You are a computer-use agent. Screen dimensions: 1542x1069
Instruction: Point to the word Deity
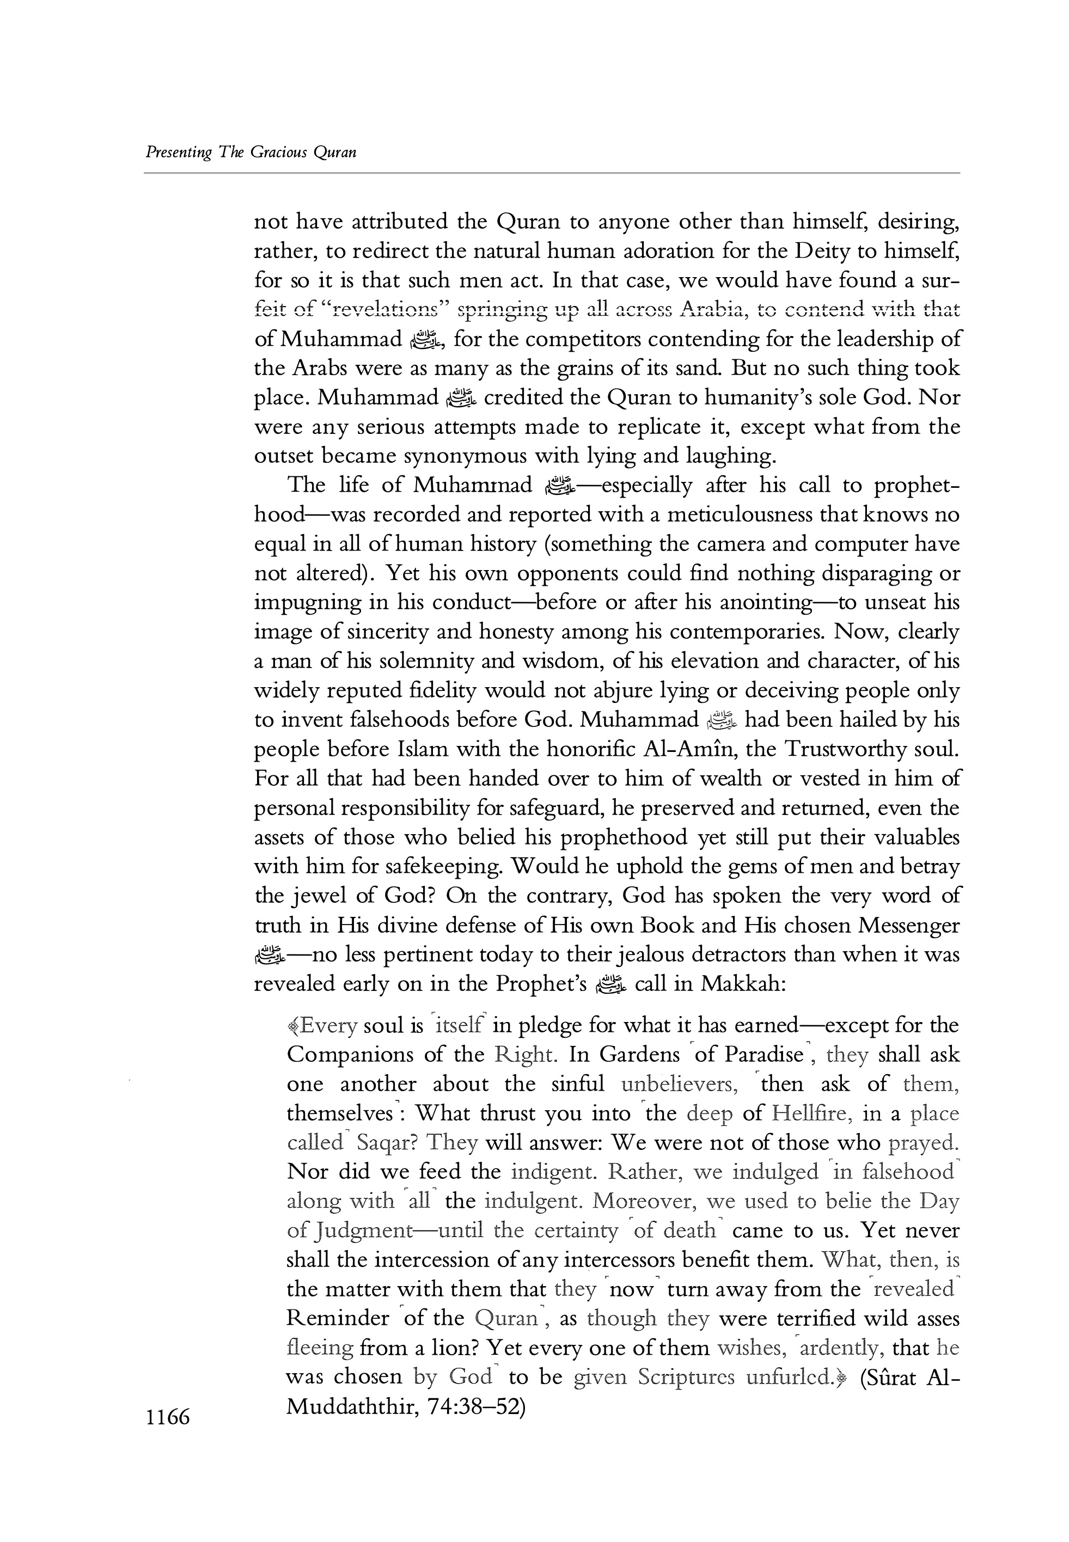coord(827,252)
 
